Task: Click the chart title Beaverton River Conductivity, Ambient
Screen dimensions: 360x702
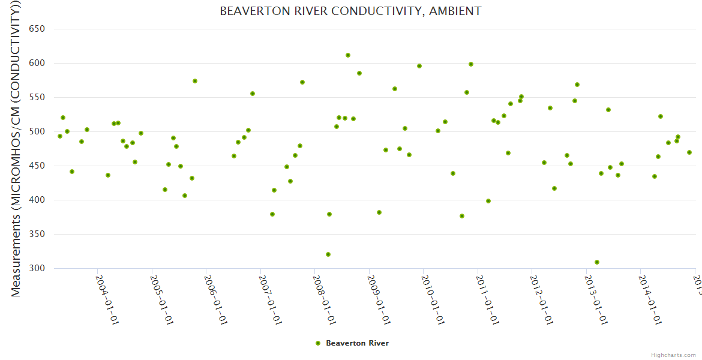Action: point(350,11)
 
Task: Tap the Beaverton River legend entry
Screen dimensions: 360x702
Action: point(352,343)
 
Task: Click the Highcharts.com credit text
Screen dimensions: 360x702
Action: point(673,355)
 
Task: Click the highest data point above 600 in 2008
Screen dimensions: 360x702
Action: point(348,55)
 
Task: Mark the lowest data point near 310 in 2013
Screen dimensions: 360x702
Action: point(597,262)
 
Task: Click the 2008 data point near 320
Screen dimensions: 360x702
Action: point(328,254)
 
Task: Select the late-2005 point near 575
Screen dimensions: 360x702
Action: point(195,81)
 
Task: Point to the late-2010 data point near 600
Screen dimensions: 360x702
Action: point(471,64)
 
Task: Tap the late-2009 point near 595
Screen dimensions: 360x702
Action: point(419,66)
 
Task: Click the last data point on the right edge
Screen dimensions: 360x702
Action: point(689,152)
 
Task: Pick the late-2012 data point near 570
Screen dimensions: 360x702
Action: point(577,85)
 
